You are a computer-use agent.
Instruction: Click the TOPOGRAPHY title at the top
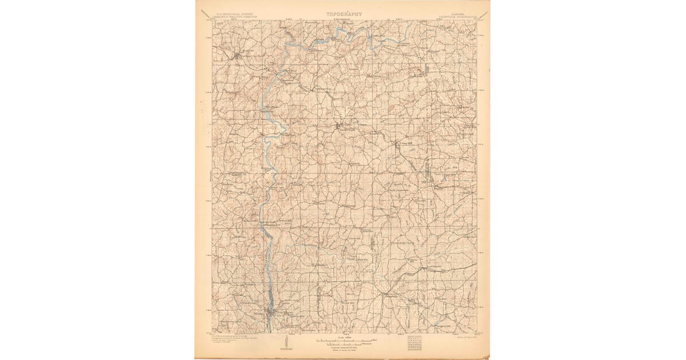[344, 14]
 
